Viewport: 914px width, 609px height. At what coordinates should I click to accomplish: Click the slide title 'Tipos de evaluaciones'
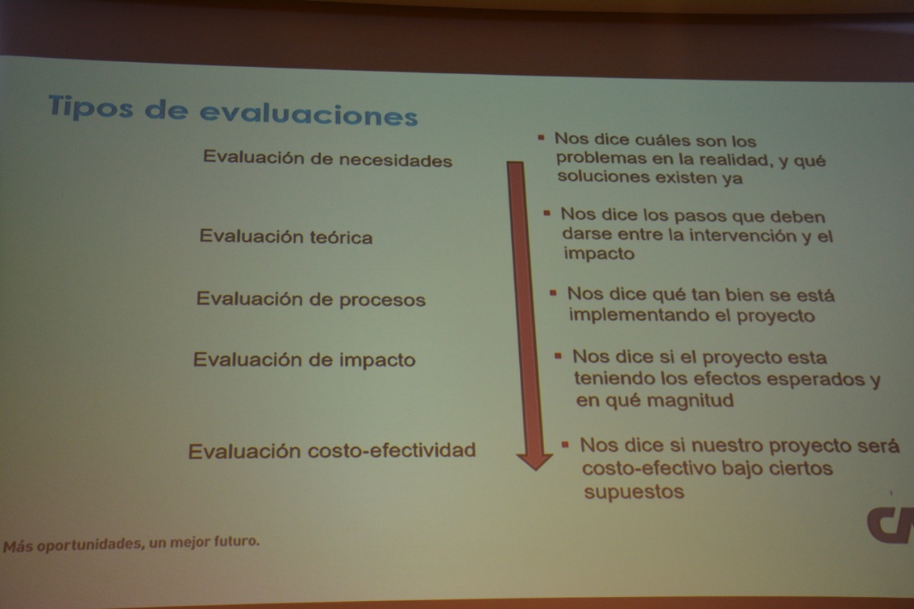(233, 110)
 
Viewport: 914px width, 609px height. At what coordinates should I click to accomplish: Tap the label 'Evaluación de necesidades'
(328, 158)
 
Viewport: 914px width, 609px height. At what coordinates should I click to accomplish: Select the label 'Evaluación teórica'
(286, 236)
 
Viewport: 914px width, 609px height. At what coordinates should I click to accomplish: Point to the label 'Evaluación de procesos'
(311, 299)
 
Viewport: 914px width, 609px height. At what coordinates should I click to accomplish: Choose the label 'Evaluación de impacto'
(304, 360)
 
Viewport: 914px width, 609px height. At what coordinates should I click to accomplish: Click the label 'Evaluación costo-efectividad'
(332, 451)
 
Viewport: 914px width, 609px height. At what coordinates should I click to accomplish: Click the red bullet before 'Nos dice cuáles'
(541, 138)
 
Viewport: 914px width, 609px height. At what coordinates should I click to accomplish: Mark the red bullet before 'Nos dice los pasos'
(547, 213)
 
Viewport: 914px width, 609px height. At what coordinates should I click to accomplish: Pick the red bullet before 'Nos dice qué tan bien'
(553, 293)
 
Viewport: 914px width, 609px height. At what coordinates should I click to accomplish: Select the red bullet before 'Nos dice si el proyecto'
(558, 356)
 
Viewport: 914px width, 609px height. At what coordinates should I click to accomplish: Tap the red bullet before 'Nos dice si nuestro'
(565, 444)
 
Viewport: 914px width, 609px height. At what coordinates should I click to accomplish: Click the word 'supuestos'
(634, 492)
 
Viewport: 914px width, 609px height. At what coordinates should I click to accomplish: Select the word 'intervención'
(733, 236)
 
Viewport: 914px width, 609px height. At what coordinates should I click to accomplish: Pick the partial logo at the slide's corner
(890, 525)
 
